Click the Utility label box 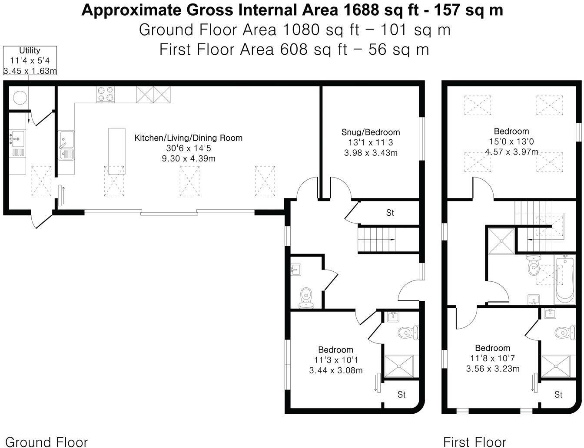point(30,60)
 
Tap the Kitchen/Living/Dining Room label point(188,138)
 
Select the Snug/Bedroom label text point(370,132)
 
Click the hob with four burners point(106,95)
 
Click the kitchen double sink point(66,145)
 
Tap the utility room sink point(17,139)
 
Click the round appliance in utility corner point(19,98)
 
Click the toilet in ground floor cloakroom point(306,296)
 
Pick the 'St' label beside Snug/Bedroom point(390,213)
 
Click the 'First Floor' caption point(474,442)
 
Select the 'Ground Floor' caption point(46,442)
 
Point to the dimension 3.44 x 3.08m point(335,370)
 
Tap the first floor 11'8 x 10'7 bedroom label point(492,348)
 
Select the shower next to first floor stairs point(501,240)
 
